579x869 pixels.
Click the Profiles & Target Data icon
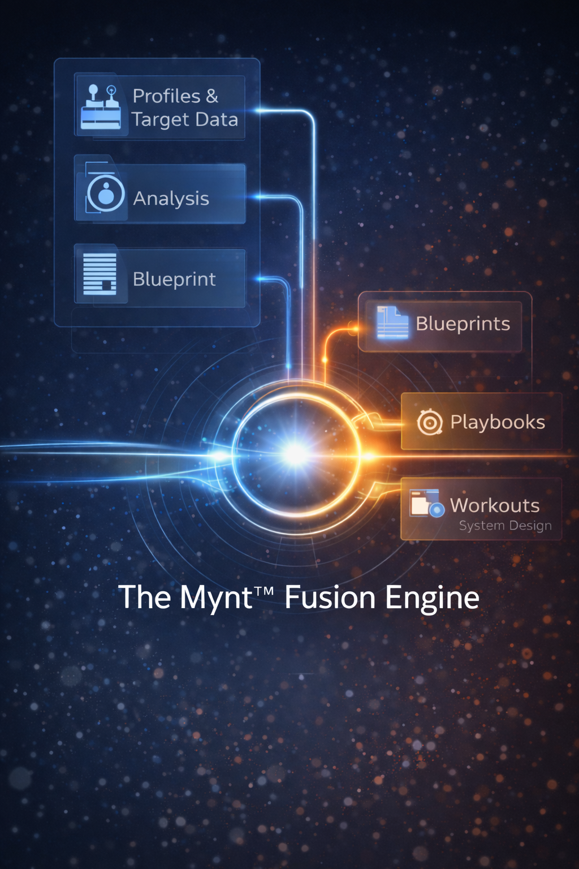click(x=101, y=106)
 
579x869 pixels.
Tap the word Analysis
click(x=171, y=199)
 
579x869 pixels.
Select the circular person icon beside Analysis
click(x=105, y=193)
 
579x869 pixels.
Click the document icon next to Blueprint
click(x=100, y=274)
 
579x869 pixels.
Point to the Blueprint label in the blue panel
click(x=174, y=279)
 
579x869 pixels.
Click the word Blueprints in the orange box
click(x=463, y=324)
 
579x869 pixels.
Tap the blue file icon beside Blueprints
click(x=392, y=322)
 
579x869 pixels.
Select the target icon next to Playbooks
click(x=430, y=422)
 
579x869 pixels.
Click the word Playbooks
click(x=498, y=422)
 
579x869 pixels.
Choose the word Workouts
click(x=495, y=505)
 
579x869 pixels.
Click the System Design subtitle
click(x=505, y=526)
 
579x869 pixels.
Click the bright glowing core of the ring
click(x=295, y=454)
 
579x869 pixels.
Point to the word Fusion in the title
click(x=329, y=597)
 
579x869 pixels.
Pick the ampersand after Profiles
click(x=212, y=96)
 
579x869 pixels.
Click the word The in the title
click(x=144, y=597)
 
